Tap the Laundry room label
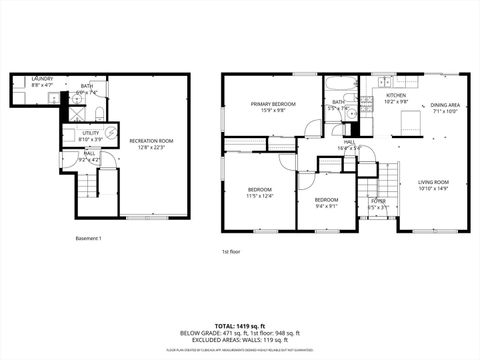pyautogui.click(x=42, y=78)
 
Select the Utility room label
pyautogui.click(x=90, y=132)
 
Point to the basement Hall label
pyautogui.click(x=89, y=154)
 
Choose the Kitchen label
pyautogui.click(x=398, y=96)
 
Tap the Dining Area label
pyautogui.click(x=445, y=104)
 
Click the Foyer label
pyautogui.click(x=378, y=201)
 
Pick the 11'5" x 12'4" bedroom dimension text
pyautogui.click(x=260, y=195)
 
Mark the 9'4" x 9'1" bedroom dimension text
pyautogui.click(x=327, y=206)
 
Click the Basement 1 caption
pyautogui.click(x=89, y=238)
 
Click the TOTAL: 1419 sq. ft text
pyautogui.click(x=240, y=327)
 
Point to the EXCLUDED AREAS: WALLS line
pyautogui.click(x=240, y=340)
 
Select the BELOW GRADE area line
pyautogui.click(x=240, y=334)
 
